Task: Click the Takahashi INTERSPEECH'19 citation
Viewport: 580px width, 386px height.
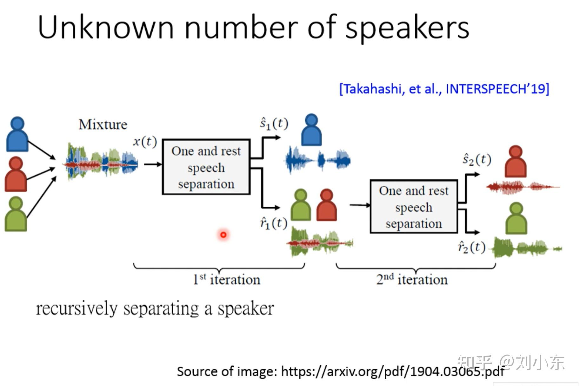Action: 444,89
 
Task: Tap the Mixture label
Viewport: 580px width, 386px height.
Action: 103,124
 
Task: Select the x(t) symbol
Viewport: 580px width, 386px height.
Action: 145,141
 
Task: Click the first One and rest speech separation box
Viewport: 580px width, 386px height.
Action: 206,167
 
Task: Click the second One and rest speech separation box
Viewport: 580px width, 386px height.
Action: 414,207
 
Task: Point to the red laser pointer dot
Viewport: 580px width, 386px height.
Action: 223,235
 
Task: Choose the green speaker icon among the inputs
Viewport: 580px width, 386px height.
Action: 16,214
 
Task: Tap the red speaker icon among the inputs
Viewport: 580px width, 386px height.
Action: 16,174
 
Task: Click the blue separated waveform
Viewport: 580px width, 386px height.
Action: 317,160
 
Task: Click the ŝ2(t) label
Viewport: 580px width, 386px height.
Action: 477,159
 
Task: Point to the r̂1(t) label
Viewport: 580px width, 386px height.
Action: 273,223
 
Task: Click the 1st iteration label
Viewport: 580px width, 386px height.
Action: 226,280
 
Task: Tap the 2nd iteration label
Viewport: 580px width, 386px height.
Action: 412,280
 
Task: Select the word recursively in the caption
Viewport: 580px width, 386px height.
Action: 77,309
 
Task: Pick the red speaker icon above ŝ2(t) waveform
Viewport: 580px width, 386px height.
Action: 516,162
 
